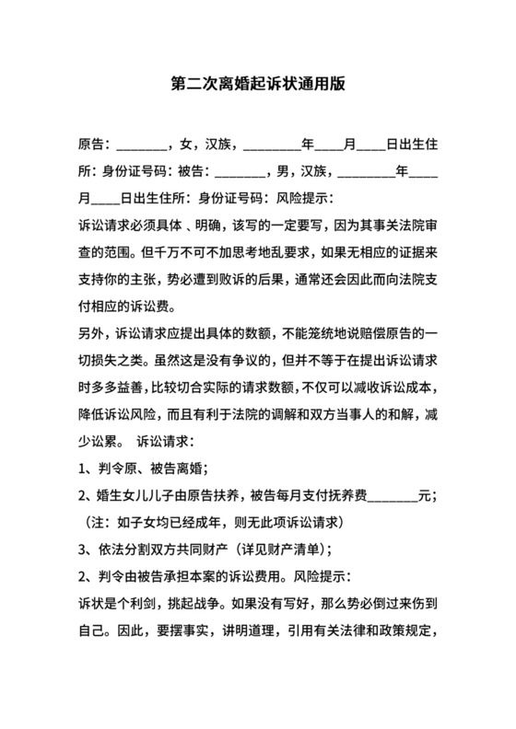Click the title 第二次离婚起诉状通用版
coord(258,83)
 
